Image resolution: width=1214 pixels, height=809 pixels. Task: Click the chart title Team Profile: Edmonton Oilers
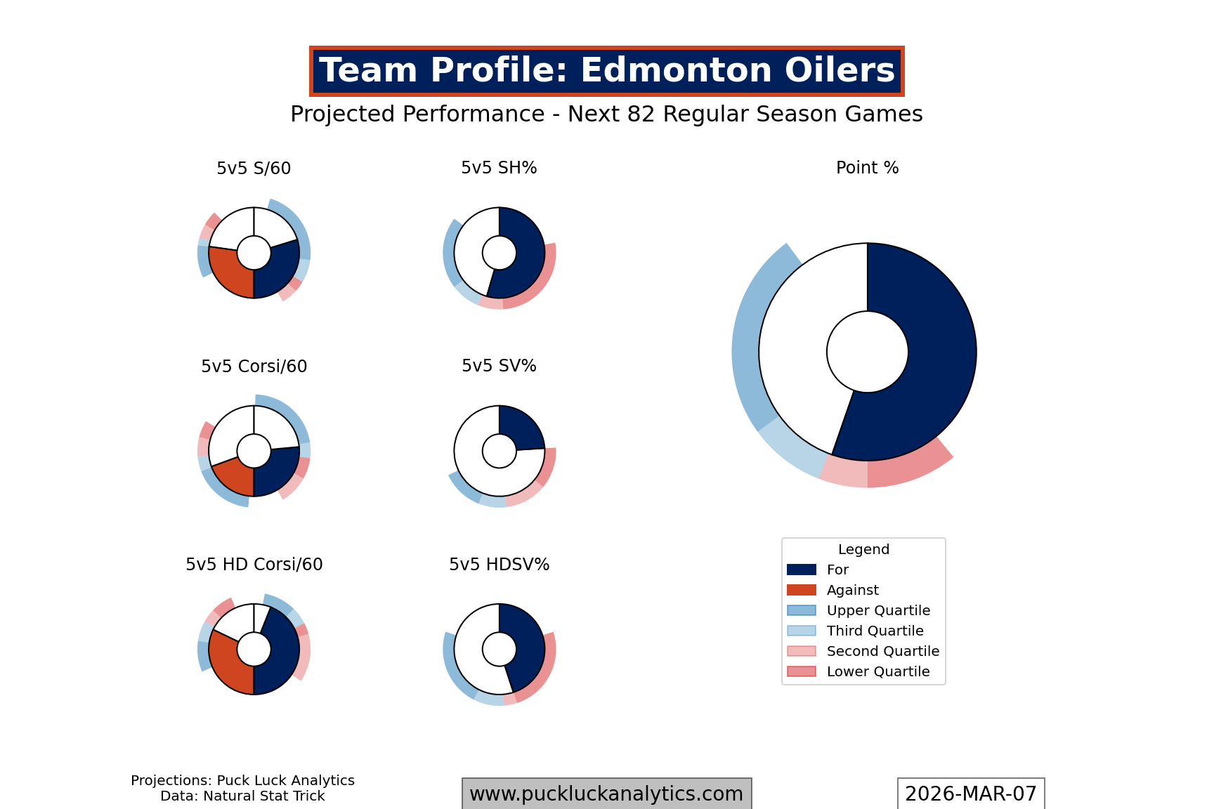pos(606,71)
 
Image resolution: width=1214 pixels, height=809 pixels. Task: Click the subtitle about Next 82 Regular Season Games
pos(606,114)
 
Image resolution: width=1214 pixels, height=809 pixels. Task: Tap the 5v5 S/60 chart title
pos(254,169)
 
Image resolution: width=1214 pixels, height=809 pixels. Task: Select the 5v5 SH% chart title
pos(499,168)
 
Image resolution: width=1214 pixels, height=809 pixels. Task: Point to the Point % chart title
pos(867,168)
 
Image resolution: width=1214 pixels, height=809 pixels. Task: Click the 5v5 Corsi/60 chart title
pos(254,367)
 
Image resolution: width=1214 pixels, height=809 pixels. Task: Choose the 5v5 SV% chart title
pos(499,366)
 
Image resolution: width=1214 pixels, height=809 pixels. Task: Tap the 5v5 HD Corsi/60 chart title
pos(254,565)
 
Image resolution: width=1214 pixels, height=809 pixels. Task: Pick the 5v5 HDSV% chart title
pos(499,565)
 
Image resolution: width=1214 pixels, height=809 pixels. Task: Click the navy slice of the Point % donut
pos(927,365)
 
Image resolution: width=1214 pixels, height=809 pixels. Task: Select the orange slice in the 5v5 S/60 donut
pos(228,270)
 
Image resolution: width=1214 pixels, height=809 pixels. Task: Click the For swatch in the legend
pos(802,570)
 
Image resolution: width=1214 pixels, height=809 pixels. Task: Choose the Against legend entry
pos(852,590)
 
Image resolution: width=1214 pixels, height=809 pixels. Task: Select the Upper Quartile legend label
pos(878,610)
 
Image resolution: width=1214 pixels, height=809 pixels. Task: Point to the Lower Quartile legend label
pos(878,671)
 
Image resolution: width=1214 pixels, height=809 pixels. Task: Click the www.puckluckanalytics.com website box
pos(606,794)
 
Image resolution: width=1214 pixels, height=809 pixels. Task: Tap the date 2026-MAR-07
pos(970,794)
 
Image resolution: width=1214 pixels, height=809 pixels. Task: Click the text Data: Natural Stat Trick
pos(242,796)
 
